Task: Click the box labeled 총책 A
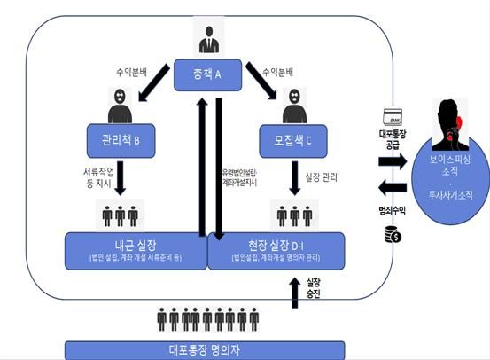pyautogui.click(x=209, y=74)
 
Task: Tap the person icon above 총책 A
pyautogui.click(x=209, y=40)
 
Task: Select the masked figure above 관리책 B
pyautogui.click(x=121, y=106)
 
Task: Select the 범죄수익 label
pyautogui.click(x=391, y=212)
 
